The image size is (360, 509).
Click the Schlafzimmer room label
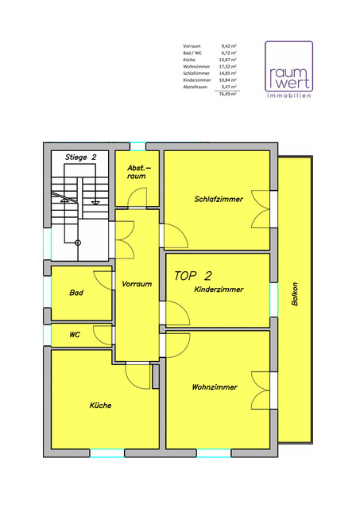pyautogui.click(x=219, y=199)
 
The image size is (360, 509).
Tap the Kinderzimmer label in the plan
pyautogui.click(x=219, y=289)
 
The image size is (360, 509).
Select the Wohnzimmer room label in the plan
pyautogui.click(x=215, y=387)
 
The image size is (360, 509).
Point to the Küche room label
pyautogui.click(x=101, y=405)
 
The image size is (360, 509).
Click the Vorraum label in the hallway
pyautogui.click(x=137, y=284)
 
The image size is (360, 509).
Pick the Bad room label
pyautogui.click(x=76, y=293)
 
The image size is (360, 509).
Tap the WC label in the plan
pyautogui.click(x=75, y=334)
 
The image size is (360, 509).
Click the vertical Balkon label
pyautogui.click(x=295, y=293)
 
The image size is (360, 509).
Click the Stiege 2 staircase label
pyautogui.click(x=81, y=157)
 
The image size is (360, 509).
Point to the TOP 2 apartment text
pyautogui.click(x=193, y=276)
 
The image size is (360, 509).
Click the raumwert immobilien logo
pyautogui.click(x=288, y=69)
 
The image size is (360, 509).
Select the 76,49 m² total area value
pyautogui.click(x=227, y=94)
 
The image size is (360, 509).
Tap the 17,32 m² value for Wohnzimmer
pyautogui.click(x=227, y=67)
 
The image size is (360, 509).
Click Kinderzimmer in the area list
pyautogui.click(x=197, y=80)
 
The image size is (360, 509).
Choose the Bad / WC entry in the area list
pyautogui.click(x=192, y=53)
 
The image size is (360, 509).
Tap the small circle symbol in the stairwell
pyautogui.click(x=78, y=243)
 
